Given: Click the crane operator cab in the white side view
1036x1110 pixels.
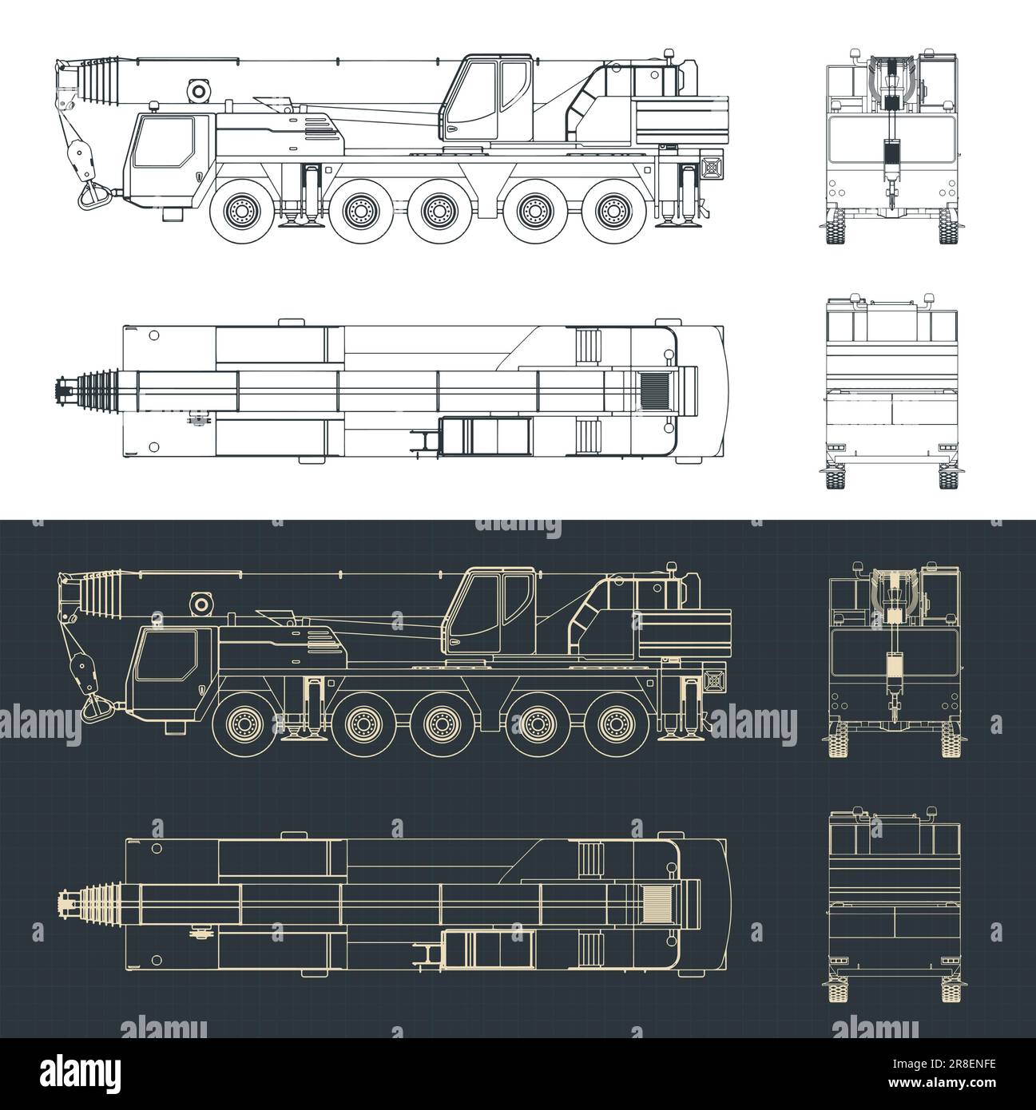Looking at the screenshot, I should point(489,98).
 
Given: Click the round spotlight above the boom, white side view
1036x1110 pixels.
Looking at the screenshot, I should point(197,90).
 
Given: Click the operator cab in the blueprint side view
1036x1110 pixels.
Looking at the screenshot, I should point(489,610).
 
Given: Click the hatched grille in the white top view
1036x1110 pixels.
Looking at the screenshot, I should point(658,390).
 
